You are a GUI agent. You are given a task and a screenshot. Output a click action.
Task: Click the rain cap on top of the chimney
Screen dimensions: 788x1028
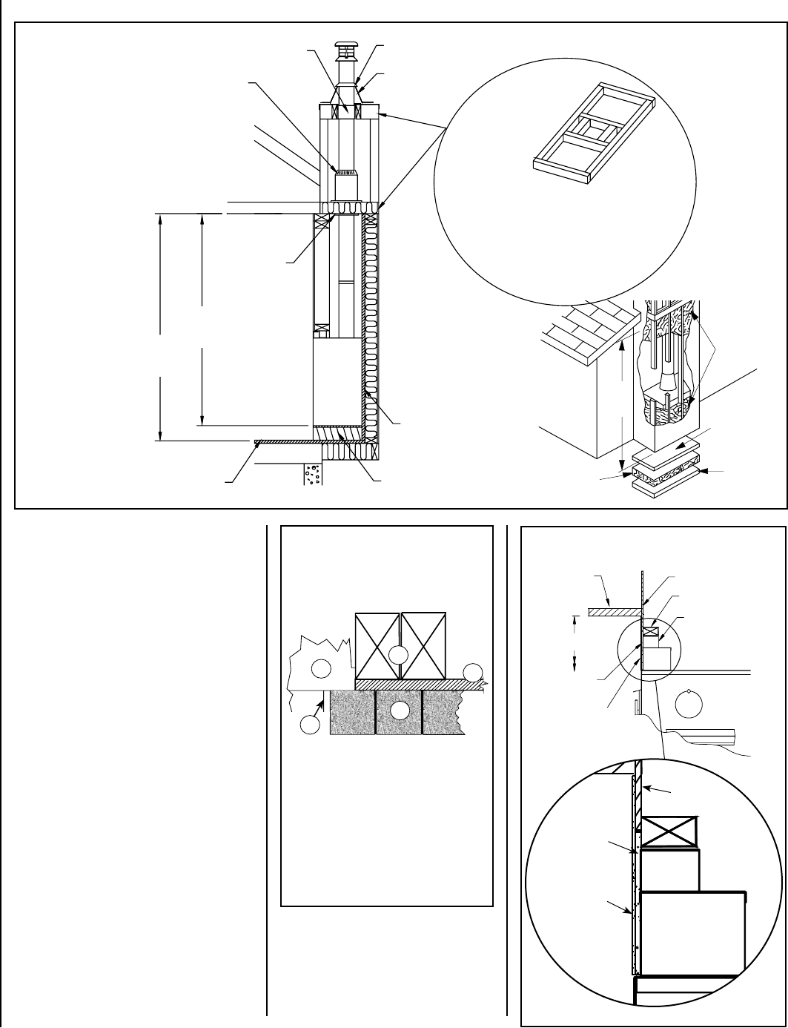[x=345, y=46]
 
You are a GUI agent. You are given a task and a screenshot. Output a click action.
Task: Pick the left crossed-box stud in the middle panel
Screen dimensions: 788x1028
[x=378, y=645]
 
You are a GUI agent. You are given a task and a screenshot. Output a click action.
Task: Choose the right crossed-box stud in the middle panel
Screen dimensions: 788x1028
[x=423, y=645]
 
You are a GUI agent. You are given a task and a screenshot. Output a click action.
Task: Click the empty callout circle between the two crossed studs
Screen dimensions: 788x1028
[x=399, y=654]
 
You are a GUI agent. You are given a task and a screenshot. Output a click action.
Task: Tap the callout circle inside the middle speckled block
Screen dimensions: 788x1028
[x=399, y=710]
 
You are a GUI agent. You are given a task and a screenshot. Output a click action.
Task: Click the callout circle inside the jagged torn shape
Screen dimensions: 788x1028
[x=320, y=669]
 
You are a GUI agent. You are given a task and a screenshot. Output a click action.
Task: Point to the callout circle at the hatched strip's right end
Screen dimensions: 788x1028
[x=472, y=673]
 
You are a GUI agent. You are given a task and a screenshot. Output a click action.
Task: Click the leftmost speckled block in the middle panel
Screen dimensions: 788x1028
[x=352, y=712]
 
